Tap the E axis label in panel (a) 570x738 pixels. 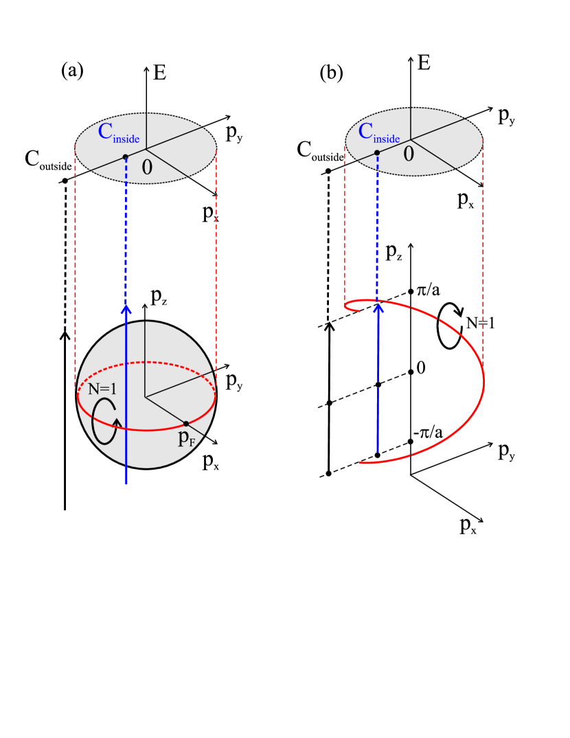(160, 72)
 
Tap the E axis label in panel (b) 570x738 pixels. (424, 64)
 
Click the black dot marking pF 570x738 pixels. (185, 424)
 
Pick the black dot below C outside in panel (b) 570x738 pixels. (328, 171)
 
